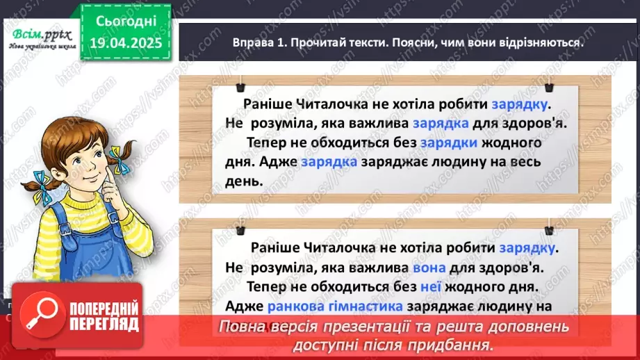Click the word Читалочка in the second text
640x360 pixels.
pos(329,248)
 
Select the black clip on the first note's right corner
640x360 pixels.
pos(548,86)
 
